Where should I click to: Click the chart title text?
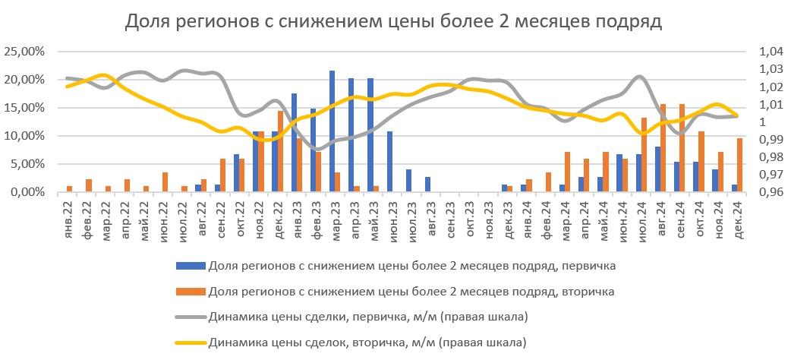[394, 22]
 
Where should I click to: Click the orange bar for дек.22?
[280, 151]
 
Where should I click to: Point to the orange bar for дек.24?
[740, 165]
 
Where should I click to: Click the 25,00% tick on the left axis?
[26, 52]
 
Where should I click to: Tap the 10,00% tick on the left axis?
[26, 136]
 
